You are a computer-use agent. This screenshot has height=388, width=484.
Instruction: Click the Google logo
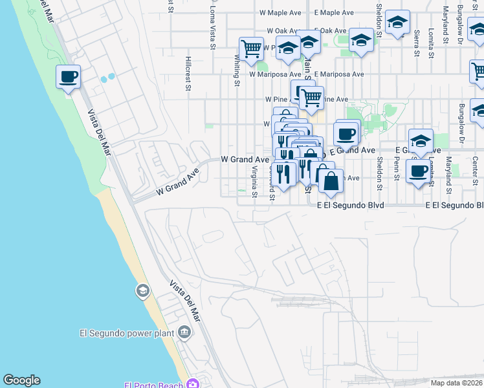21,380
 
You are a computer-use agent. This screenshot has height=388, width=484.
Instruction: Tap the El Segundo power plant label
127,334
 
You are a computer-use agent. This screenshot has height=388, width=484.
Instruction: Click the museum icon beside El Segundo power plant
185,333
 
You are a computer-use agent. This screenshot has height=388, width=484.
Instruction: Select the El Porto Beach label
153,385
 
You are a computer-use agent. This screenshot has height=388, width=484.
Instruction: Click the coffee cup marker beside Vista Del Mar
69,78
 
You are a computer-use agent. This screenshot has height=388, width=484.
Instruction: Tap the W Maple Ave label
281,12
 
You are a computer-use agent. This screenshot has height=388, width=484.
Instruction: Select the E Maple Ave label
334,12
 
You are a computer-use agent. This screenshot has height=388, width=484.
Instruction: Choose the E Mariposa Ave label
339,74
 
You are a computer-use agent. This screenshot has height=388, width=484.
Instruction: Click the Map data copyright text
456,383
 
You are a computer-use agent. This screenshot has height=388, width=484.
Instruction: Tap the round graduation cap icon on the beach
142,292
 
